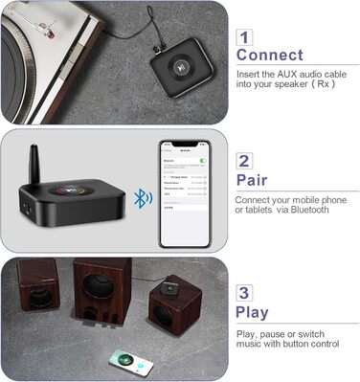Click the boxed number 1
coord(245,37)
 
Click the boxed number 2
coord(245,161)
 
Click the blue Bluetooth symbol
coord(141,198)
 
